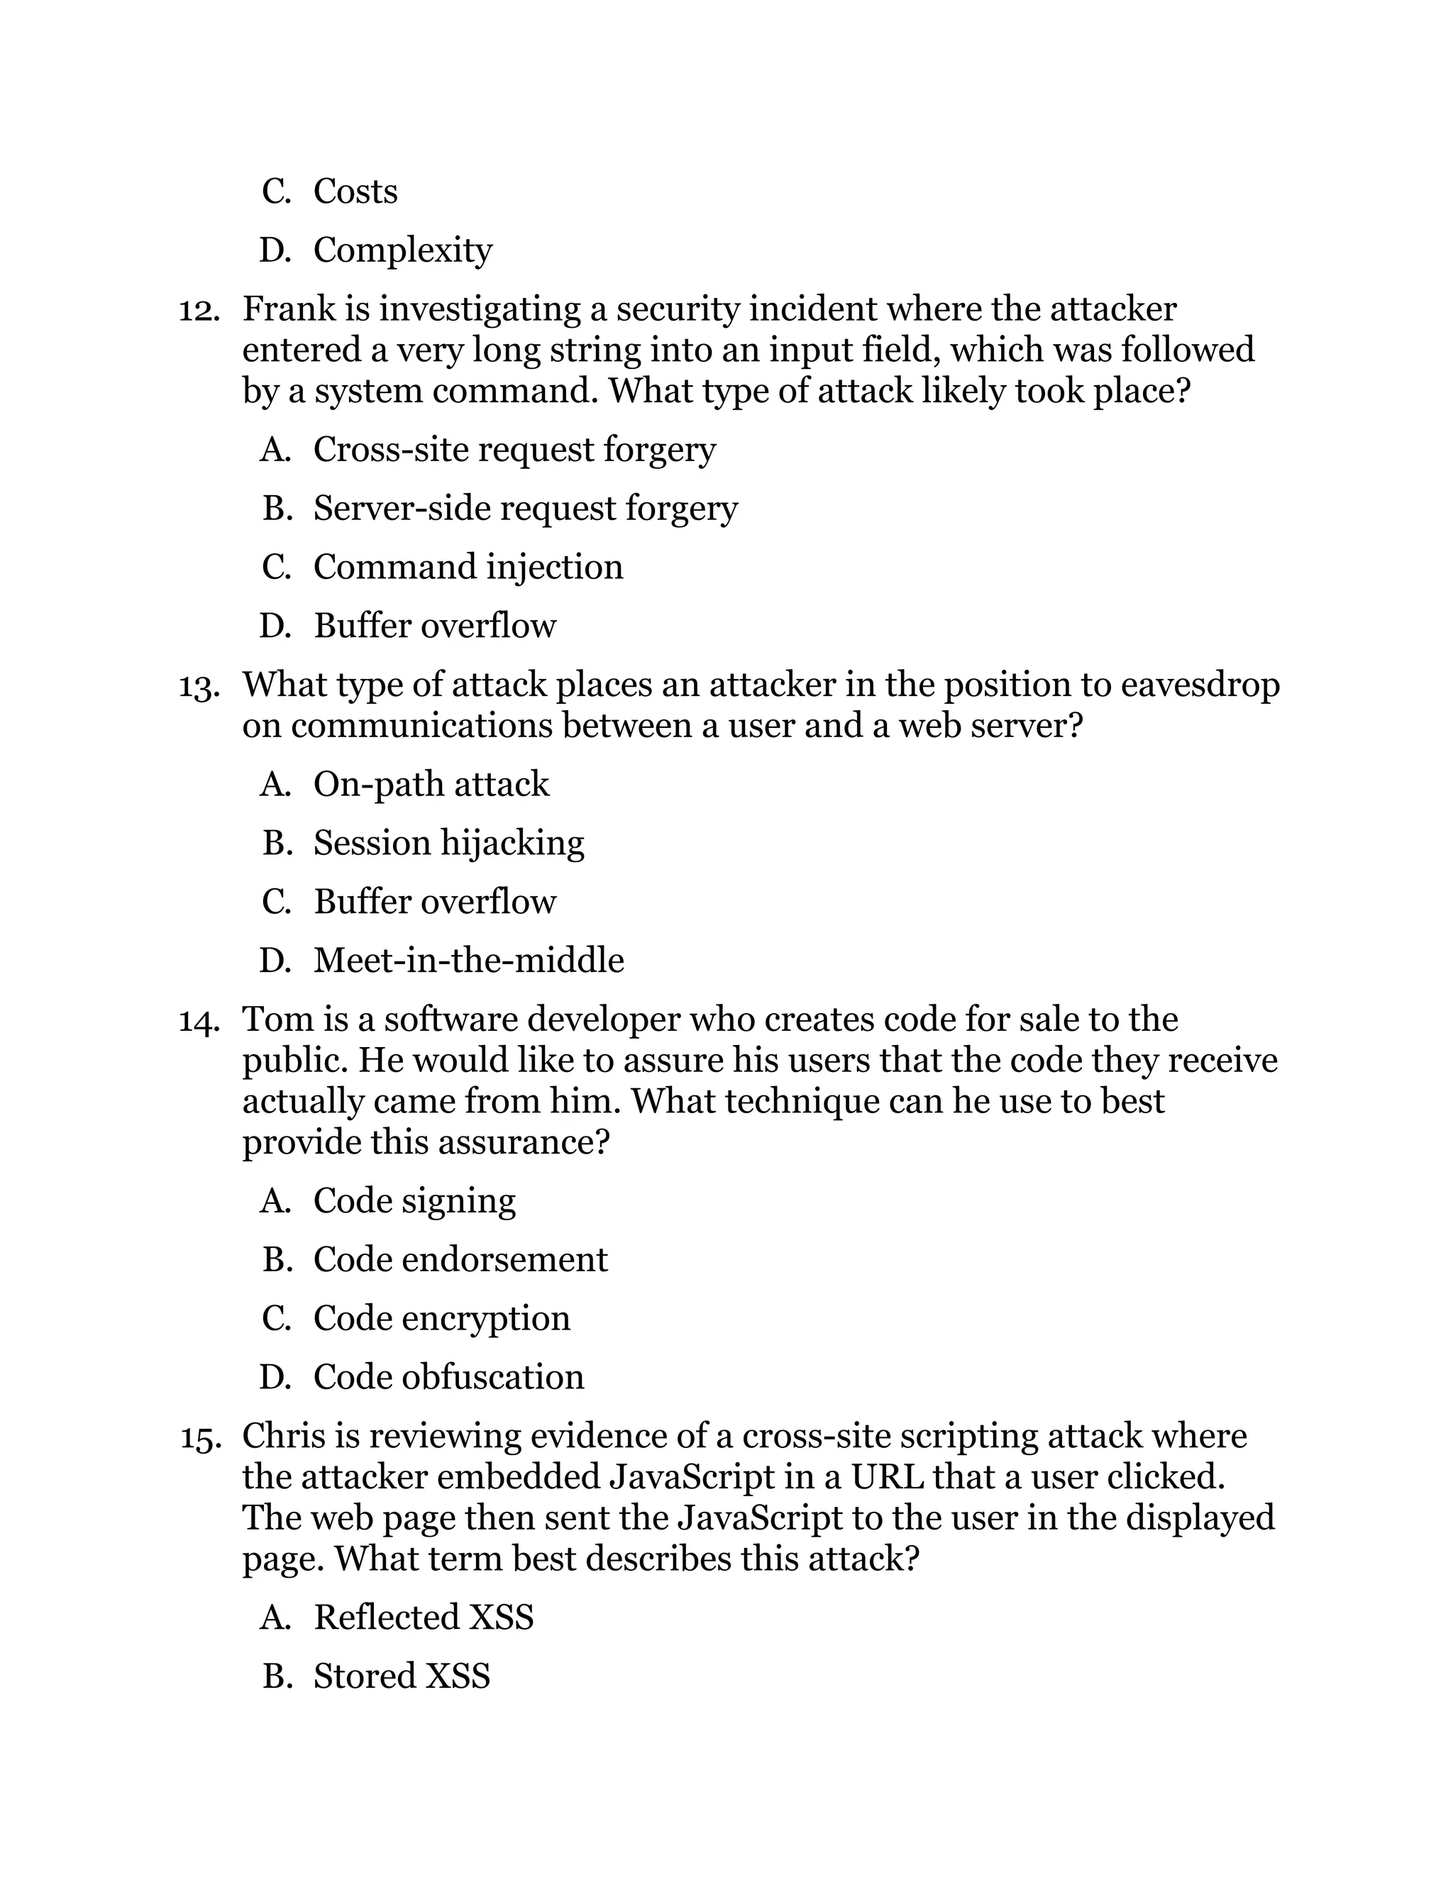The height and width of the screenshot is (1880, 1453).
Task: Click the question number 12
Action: (199, 310)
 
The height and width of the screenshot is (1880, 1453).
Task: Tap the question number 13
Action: (199, 686)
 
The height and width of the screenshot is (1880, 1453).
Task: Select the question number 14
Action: (199, 1021)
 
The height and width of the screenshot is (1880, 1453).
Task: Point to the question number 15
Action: (199, 1437)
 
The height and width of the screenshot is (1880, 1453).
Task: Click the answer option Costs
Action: (355, 191)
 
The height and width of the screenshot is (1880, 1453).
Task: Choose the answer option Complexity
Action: (402, 250)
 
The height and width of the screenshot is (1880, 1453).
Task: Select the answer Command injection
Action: (468, 568)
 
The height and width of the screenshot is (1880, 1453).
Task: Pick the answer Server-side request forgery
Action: (525, 509)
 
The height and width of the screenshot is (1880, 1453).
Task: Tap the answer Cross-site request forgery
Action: (514, 449)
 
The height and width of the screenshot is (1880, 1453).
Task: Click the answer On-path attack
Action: (431, 784)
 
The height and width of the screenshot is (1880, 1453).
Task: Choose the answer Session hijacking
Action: (448, 843)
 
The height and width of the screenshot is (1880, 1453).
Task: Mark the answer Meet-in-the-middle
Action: (468, 961)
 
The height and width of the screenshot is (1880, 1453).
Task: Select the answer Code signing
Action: (414, 1201)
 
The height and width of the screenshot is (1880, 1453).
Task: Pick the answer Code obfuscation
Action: (448, 1377)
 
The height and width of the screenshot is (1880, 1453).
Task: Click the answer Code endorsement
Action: (460, 1260)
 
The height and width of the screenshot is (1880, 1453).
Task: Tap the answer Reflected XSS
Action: (424, 1618)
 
